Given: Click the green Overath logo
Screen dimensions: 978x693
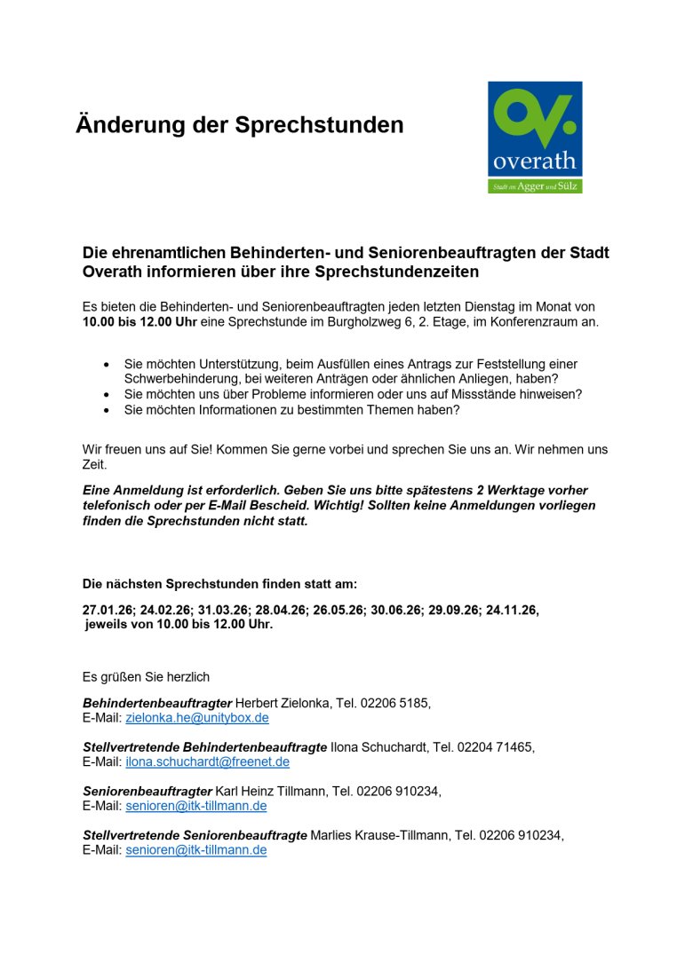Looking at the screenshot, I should pyautogui.click(x=535, y=137).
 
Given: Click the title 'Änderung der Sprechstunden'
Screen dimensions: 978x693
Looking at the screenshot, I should pyautogui.click(x=240, y=125).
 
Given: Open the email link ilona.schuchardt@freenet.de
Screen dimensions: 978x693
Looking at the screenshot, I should pyautogui.click(x=207, y=762).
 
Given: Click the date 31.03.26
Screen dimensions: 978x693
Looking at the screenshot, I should pyautogui.click(x=219, y=611).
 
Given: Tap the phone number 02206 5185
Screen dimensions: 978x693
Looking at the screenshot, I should pyautogui.click(x=394, y=703).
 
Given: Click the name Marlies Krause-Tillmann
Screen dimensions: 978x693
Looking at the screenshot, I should pyautogui.click(x=379, y=835).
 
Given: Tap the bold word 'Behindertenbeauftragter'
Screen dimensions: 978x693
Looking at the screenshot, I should pyautogui.click(x=157, y=703).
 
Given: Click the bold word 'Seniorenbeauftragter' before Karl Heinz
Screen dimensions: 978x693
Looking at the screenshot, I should pyautogui.click(x=147, y=791).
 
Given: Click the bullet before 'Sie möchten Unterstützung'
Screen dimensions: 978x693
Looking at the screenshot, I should pyautogui.click(x=108, y=365).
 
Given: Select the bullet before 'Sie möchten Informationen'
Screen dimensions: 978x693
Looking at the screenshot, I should pyautogui.click(x=108, y=410).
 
